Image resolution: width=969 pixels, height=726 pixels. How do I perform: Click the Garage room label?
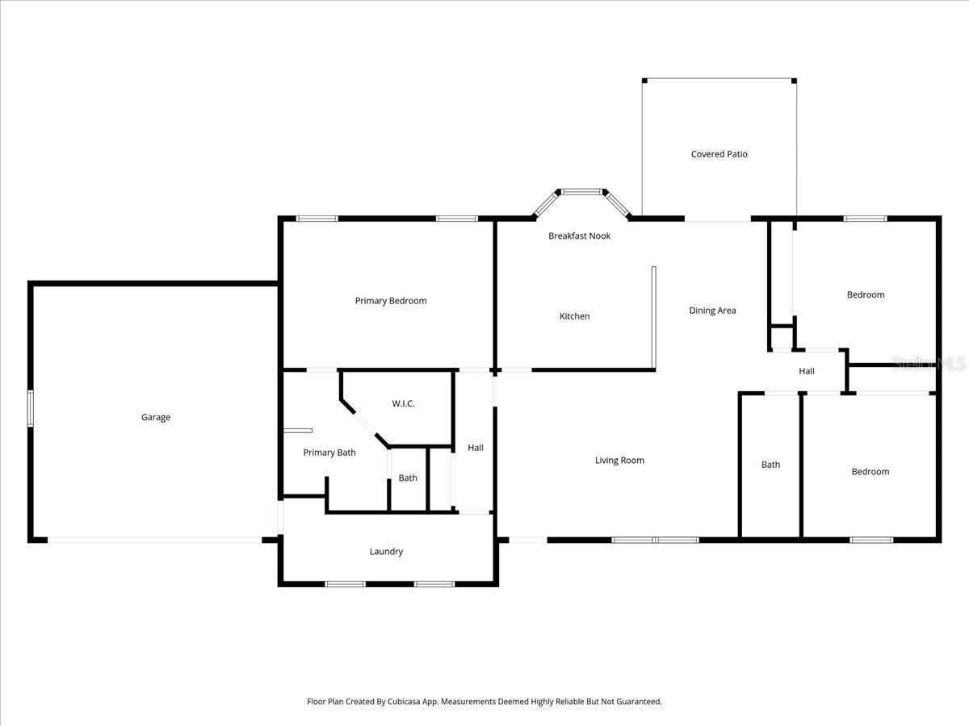(156, 417)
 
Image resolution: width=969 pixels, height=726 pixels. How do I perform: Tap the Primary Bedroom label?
(391, 301)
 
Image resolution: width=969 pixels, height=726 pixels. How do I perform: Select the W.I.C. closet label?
(404, 403)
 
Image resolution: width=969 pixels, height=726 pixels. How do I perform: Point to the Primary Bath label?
(329, 453)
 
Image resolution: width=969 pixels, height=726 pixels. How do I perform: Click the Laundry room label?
(386, 552)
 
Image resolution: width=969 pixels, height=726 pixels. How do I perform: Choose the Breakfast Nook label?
(579, 236)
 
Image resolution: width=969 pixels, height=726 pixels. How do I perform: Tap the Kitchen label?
(575, 316)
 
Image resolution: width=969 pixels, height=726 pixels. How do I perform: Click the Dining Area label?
(712, 311)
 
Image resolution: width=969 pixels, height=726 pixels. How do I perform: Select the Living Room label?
(619, 461)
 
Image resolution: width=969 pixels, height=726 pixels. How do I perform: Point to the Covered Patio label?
(719, 154)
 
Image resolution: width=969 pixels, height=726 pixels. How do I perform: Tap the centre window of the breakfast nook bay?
(581, 192)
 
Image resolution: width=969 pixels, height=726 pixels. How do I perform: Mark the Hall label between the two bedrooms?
(807, 372)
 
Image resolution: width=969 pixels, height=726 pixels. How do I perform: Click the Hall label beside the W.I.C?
(476, 448)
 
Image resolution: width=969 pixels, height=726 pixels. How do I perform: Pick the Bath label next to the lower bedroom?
(771, 465)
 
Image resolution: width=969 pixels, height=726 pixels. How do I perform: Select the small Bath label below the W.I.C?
(408, 478)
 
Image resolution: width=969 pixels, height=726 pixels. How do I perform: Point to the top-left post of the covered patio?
(644, 81)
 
